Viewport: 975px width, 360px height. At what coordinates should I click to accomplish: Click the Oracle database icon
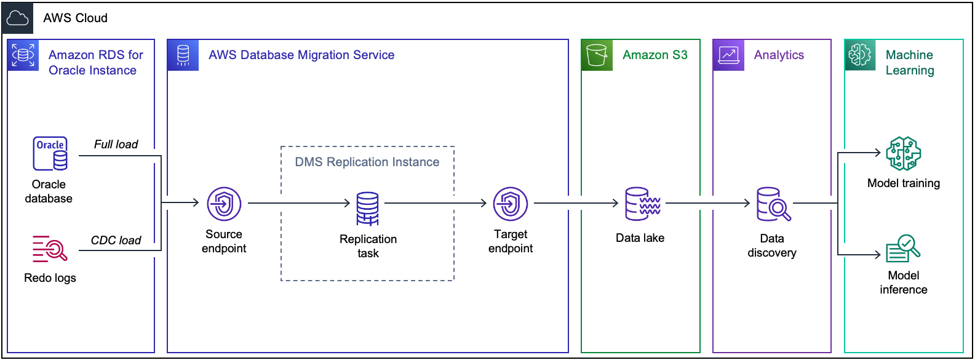tap(50, 153)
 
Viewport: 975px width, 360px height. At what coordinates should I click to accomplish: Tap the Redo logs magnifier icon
tap(50, 248)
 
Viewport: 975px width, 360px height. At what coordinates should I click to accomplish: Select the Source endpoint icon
tap(224, 204)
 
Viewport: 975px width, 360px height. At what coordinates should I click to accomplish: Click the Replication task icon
tap(368, 209)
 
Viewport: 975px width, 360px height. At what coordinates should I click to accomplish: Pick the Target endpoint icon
tap(511, 204)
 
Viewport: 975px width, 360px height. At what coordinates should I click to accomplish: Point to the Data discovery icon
tap(773, 204)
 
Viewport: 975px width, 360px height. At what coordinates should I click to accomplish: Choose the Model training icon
tap(903, 154)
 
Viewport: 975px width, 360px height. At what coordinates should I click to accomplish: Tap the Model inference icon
tap(902, 249)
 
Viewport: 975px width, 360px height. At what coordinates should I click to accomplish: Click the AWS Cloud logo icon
tap(17, 18)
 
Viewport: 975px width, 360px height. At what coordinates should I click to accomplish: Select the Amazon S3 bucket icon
tap(597, 55)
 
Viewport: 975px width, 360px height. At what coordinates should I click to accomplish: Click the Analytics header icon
tap(728, 55)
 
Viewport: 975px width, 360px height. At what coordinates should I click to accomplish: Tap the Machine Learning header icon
tap(859, 55)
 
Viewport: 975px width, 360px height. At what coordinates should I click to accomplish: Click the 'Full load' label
tap(116, 144)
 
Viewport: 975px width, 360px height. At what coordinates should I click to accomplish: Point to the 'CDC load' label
tap(116, 240)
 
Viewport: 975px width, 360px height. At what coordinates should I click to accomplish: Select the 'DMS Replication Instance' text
tap(367, 162)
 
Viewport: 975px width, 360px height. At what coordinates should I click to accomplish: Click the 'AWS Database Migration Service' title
tap(301, 55)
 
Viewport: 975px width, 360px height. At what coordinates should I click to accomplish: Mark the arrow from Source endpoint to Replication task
tap(299, 202)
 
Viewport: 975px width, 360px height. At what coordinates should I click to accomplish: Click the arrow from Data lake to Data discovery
tap(707, 202)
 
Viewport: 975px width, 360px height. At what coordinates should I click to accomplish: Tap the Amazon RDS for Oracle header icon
tap(23, 55)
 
